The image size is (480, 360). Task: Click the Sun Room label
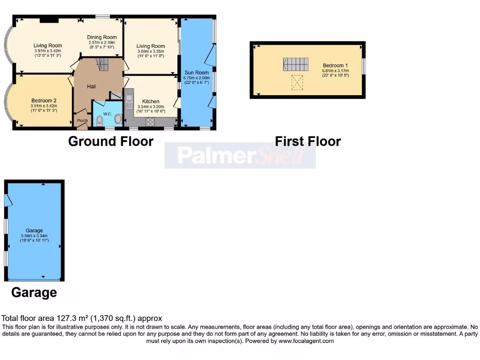[x=196, y=73]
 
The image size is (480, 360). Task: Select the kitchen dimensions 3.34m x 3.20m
[x=150, y=106]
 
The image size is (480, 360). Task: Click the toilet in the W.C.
[x=99, y=120]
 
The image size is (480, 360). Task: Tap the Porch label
[x=82, y=120]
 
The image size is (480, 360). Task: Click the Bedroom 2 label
[x=44, y=100]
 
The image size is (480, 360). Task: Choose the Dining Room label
[x=102, y=37]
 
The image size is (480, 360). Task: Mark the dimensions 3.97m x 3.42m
[x=47, y=51]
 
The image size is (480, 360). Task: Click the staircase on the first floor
[x=295, y=64]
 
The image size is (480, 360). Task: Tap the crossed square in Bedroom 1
[x=297, y=82]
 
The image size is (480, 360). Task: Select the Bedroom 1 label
[x=335, y=65]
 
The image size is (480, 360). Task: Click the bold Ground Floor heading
[x=111, y=141]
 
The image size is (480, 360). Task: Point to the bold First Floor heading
[x=307, y=141]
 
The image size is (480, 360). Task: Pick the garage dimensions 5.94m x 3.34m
[x=34, y=236]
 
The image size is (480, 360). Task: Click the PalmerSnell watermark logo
[x=240, y=156]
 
